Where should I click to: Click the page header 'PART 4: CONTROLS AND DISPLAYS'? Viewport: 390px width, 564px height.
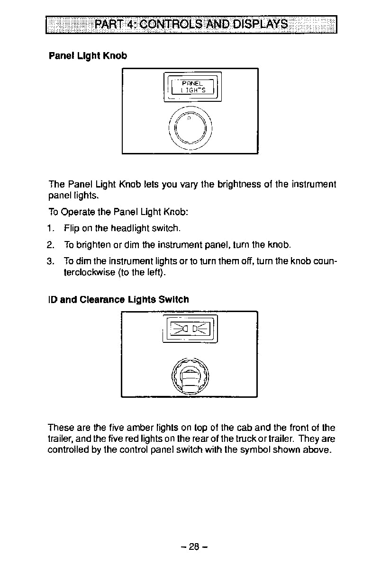click(191, 24)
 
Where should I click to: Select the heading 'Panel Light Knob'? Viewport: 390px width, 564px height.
click(88, 56)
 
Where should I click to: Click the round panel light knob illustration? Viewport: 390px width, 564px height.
click(190, 127)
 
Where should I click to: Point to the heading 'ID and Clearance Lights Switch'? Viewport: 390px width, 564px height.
click(118, 300)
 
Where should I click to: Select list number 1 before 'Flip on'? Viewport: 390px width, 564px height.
click(50, 229)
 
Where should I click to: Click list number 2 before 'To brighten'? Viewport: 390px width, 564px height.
click(50, 245)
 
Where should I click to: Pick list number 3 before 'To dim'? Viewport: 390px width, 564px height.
click(50, 262)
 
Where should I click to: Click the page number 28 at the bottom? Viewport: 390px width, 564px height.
click(194, 546)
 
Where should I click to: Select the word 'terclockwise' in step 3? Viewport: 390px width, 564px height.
click(87, 273)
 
